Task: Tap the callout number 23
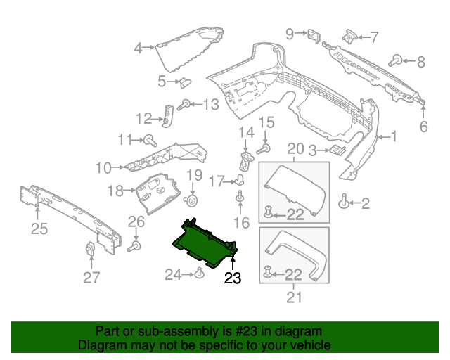coord(232,278)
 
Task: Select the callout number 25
coord(39,227)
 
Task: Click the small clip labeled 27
coord(90,250)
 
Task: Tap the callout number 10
coord(103,168)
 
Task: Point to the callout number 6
coord(423,127)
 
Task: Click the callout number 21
coord(294,297)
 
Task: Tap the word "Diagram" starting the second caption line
coord(103,346)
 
